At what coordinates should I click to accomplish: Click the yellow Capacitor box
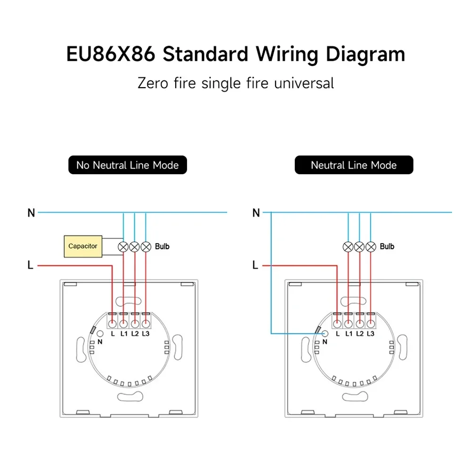(x=83, y=246)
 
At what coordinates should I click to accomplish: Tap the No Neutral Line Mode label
(x=127, y=165)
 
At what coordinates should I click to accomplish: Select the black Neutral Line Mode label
(x=354, y=165)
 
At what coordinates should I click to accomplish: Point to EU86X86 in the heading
(x=111, y=54)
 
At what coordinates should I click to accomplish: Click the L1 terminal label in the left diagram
(x=124, y=333)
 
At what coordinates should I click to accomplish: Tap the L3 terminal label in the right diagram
(x=371, y=333)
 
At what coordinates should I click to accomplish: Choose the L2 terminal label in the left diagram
(x=135, y=333)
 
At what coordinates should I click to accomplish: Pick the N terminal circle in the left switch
(x=100, y=333)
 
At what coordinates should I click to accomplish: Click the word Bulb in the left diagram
(x=162, y=246)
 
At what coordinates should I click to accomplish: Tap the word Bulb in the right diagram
(x=387, y=246)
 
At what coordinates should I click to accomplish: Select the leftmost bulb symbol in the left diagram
(x=123, y=246)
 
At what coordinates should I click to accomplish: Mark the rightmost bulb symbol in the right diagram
(x=371, y=246)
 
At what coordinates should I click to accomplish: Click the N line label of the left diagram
(x=31, y=213)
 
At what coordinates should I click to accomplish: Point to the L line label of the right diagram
(x=255, y=265)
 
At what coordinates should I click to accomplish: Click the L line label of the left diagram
(x=31, y=265)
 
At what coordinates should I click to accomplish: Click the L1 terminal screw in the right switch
(x=348, y=324)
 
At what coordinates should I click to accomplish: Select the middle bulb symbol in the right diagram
(x=359, y=246)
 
